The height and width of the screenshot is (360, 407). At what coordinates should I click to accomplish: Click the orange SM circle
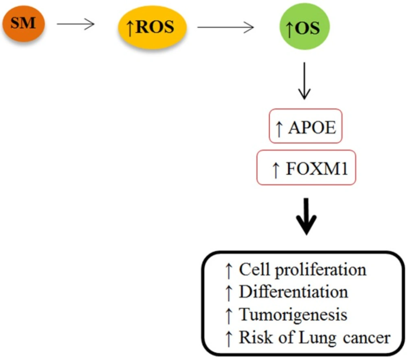tap(24, 23)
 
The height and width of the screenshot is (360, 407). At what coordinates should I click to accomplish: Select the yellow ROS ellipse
tap(152, 27)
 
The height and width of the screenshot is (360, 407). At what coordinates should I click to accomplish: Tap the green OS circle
tap(304, 27)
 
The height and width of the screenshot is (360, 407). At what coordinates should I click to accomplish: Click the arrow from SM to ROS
tap(76, 24)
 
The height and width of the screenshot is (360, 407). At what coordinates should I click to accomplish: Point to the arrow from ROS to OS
tap(225, 27)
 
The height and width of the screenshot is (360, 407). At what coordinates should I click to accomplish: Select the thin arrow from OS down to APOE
tap(304, 81)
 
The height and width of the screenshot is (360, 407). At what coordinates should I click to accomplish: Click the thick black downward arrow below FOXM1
tap(306, 216)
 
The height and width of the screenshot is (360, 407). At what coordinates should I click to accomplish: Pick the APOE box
tap(306, 126)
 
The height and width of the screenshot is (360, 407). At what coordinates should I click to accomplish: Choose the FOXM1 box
tap(306, 167)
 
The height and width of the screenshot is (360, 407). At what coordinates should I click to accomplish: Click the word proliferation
tap(321, 270)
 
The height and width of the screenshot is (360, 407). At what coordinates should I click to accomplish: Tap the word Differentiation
tap(293, 292)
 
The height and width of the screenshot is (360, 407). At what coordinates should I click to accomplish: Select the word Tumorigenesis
tap(293, 315)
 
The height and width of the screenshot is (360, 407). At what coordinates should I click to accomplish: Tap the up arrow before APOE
tap(279, 128)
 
